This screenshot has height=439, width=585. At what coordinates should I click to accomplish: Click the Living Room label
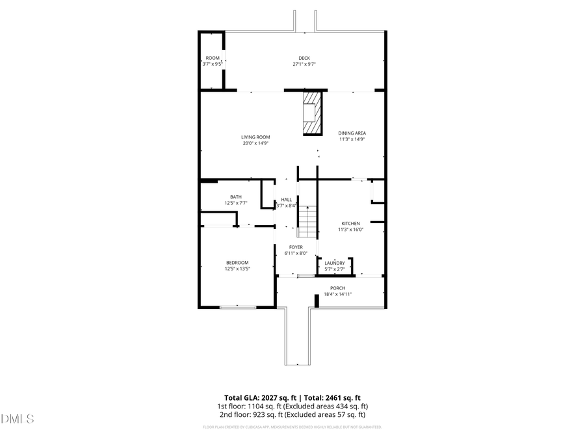pyautogui.click(x=255, y=137)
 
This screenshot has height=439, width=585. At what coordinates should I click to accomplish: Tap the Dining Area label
pyautogui.click(x=352, y=133)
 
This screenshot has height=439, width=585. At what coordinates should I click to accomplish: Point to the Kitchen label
pyautogui.click(x=350, y=223)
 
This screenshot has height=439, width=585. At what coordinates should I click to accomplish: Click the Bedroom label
pyautogui.click(x=237, y=262)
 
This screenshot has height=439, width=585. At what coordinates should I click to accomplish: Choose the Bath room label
pyautogui.click(x=236, y=196)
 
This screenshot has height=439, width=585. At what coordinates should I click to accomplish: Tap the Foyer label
pyautogui.click(x=296, y=247)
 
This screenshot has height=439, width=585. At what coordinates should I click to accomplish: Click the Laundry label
pyautogui.click(x=335, y=263)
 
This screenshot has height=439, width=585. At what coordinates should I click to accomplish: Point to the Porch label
pyautogui.click(x=337, y=287)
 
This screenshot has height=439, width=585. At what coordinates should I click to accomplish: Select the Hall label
pyautogui.click(x=286, y=200)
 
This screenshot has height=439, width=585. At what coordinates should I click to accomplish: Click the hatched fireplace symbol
pyautogui.click(x=313, y=113)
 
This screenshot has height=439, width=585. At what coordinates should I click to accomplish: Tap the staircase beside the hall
pyautogui.click(x=307, y=221)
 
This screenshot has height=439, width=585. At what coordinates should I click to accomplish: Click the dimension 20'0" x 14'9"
pyautogui.click(x=255, y=143)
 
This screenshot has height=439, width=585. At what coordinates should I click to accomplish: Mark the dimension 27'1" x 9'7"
pyautogui.click(x=304, y=64)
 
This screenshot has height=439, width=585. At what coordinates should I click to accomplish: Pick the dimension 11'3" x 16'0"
pyautogui.click(x=350, y=229)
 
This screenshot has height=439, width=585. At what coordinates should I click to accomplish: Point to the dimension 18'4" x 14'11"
pyautogui.click(x=337, y=294)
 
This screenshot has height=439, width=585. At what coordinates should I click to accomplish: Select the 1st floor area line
pyautogui.click(x=292, y=406)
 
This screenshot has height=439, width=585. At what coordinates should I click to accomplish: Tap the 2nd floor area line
pyautogui.click(x=292, y=414)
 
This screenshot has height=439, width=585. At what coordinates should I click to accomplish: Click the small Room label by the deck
pyautogui.click(x=213, y=58)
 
